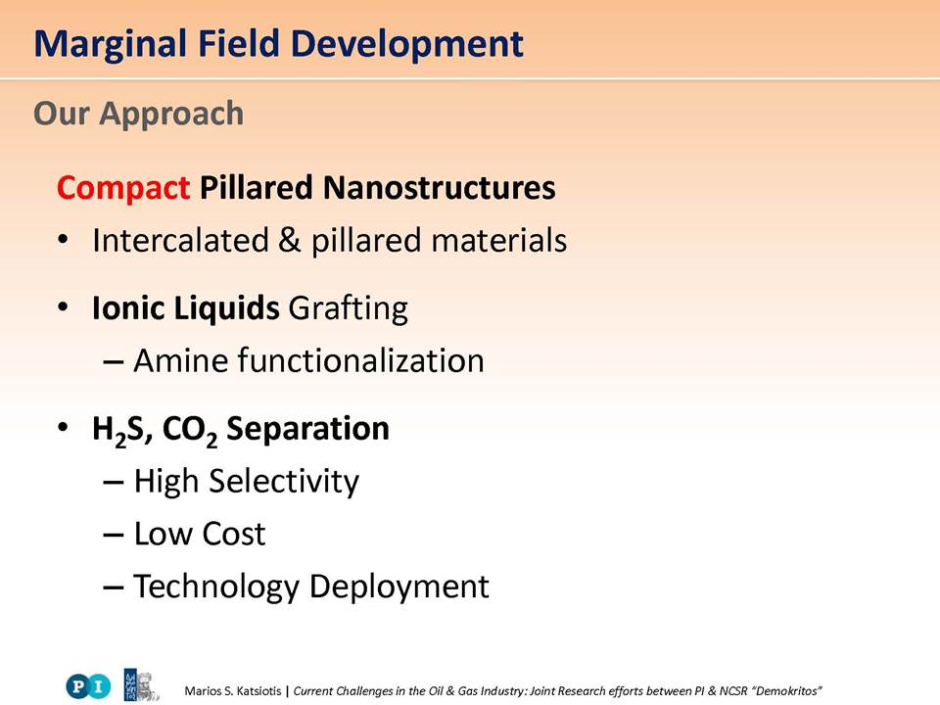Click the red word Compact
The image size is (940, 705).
(x=123, y=189)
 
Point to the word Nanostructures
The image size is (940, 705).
(x=440, y=187)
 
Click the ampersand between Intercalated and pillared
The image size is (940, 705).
(x=289, y=241)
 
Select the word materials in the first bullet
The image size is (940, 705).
(x=498, y=241)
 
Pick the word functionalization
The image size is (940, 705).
(x=361, y=361)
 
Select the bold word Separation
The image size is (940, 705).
(x=307, y=429)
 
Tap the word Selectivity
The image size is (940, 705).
(x=284, y=482)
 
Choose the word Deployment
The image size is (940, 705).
(x=399, y=587)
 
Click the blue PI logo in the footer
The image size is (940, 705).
(x=88, y=685)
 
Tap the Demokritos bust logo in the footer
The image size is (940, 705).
(x=141, y=685)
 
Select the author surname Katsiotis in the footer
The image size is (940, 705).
(x=258, y=691)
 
